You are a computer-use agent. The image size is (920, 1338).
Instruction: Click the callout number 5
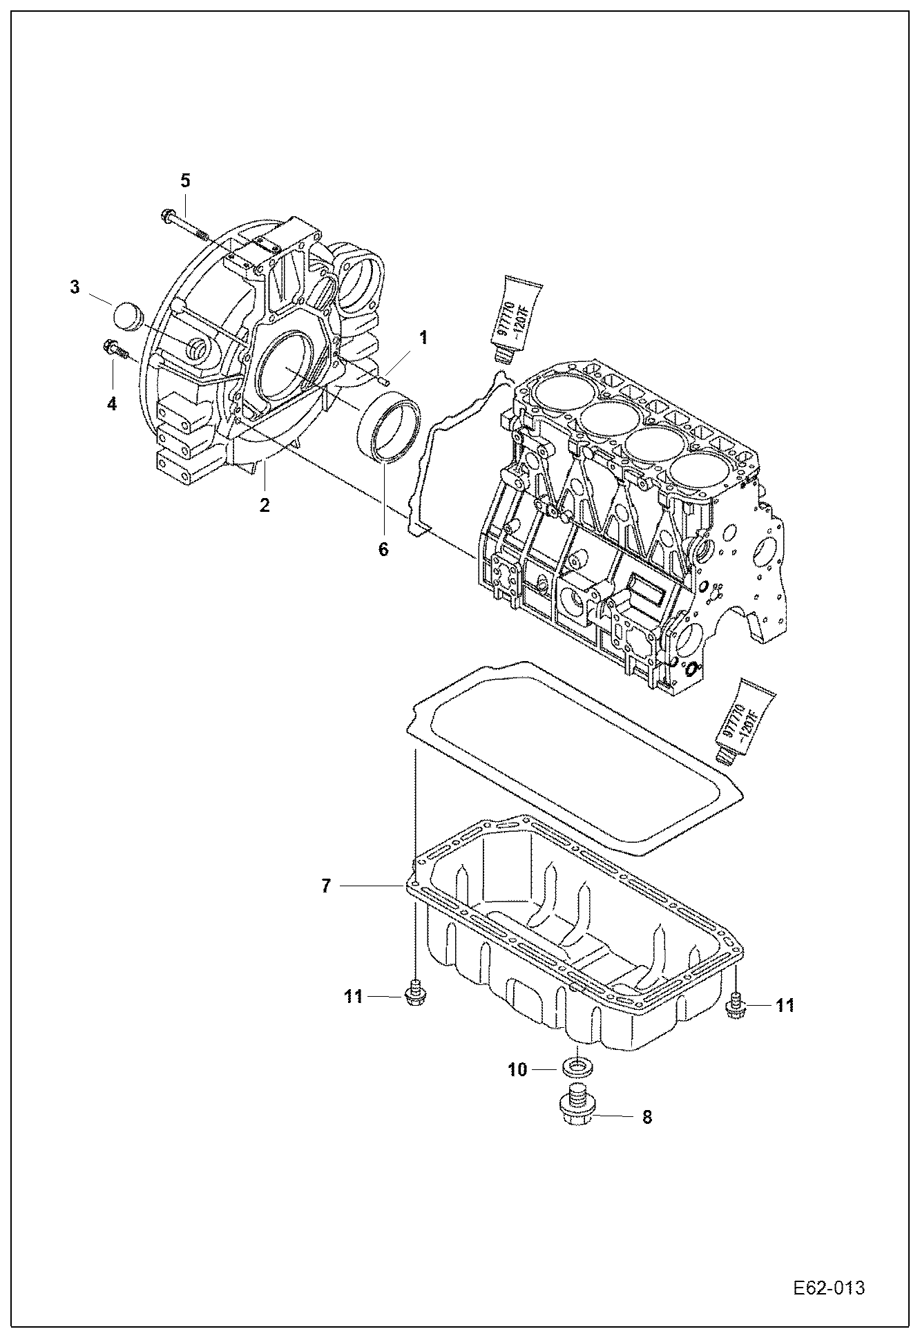(x=185, y=181)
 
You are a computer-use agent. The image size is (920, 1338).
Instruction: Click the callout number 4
(x=112, y=403)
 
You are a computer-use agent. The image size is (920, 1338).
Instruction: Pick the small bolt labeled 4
(x=116, y=350)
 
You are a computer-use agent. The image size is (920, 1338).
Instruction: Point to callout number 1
(x=423, y=338)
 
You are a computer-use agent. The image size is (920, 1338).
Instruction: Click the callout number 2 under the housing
(x=265, y=504)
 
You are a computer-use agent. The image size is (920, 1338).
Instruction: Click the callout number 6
(x=383, y=549)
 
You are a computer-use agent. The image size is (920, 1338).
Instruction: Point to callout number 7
(x=327, y=885)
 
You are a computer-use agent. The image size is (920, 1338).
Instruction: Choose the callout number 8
(x=647, y=1117)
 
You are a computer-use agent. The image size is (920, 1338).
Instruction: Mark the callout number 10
(x=517, y=1069)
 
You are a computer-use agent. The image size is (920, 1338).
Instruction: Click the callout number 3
(x=75, y=286)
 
